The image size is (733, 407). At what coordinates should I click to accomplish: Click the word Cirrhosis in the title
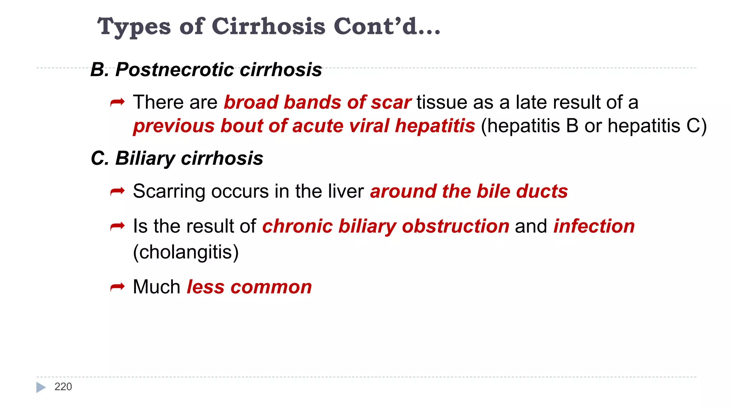(x=268, y=26)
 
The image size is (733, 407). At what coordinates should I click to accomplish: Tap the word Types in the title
(x=134, y=27)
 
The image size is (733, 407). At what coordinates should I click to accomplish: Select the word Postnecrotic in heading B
(x=175, y=69)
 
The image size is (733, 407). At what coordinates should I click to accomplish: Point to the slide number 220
(x=63, y=387)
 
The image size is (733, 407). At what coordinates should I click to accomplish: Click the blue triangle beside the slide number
(x=41, y=387)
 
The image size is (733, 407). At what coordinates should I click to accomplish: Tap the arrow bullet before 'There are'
(x=117, y=103)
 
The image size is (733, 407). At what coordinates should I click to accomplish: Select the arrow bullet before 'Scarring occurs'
(x=117, y=192)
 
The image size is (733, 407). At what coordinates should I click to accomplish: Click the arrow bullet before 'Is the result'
(x=117, y=226)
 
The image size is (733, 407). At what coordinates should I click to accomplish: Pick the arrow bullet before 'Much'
(x=117, y=287)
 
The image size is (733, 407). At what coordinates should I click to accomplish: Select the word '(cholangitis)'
(x=186, y=252)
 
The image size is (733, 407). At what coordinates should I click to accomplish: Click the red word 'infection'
(x=594, y=226)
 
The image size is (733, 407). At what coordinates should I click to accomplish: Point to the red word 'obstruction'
(x=456, y=226)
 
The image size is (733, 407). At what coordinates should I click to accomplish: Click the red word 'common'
(x=271, y=287)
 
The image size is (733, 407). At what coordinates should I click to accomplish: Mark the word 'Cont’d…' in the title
(x=387, y=26)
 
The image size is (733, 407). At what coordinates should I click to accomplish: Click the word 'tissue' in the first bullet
(x=442, y=102)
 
